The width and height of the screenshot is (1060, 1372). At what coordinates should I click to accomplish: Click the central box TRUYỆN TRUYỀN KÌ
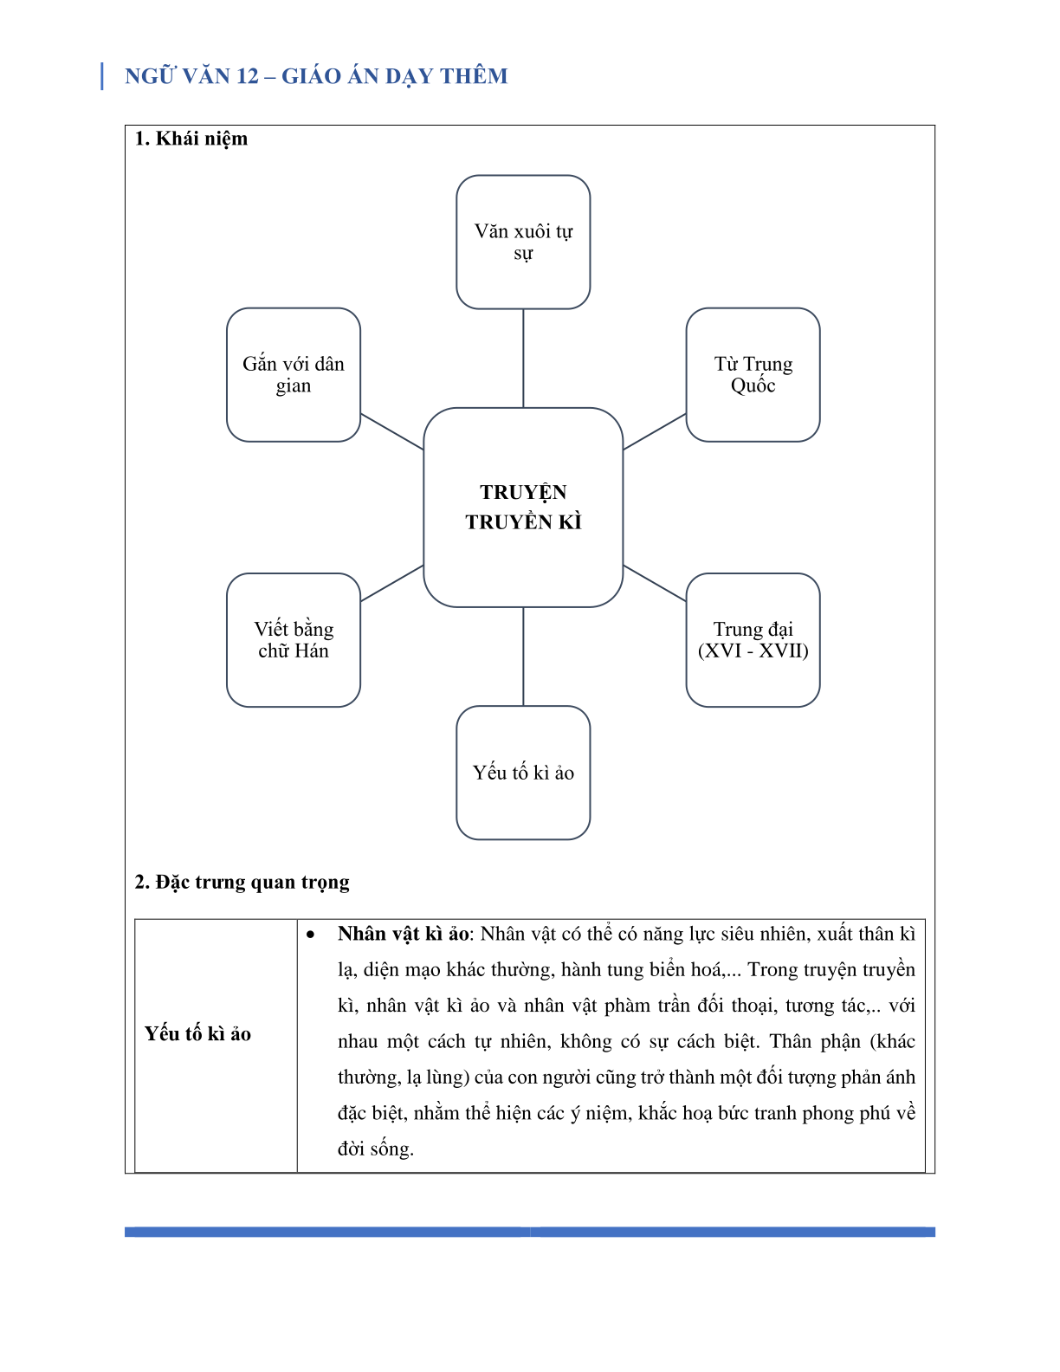click(x=523, y=507)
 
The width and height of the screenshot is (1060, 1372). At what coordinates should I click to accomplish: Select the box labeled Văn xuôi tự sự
click(x=523, y=242)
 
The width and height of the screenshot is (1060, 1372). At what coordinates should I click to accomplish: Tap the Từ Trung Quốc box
click(x=753, y=374)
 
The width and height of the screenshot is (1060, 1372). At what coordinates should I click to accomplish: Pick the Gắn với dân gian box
click(x=294, y=374)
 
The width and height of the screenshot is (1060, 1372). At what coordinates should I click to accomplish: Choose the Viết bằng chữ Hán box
click(x=294, y=639)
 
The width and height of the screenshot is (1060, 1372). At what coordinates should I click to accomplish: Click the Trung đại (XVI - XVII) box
click(x=753, y=639)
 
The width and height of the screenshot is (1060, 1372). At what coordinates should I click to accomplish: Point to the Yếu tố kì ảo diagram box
click(x=523, y=773)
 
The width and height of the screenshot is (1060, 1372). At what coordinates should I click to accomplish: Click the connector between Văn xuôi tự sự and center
click(x=523, y=358)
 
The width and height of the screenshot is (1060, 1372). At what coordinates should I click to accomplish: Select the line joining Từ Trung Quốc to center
click(x=654, y=431)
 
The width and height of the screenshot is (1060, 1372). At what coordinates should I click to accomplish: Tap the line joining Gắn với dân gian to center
click(x=391, y=431)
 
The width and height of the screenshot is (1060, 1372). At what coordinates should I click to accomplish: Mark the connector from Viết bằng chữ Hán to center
click(x=391, y=583)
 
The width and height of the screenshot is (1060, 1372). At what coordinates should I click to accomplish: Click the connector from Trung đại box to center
click(x=654, y=583)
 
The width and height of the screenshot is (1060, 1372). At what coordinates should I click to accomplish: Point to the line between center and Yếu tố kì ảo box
click(x=523, y=657)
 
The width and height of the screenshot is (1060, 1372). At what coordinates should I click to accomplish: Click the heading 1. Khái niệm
click(x=191, y=139)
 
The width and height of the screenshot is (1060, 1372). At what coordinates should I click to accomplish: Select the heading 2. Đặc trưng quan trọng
click(x=242, y=882)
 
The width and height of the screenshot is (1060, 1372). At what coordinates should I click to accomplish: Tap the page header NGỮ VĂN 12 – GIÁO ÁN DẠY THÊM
click(x=316, y=76)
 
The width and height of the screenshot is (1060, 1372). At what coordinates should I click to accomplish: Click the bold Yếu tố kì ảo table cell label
click(x=197, y=1033)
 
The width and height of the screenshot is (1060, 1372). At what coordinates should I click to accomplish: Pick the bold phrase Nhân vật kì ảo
click(x=404, y=933)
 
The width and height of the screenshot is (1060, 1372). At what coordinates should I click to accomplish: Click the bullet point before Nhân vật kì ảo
click(x=310, y=935)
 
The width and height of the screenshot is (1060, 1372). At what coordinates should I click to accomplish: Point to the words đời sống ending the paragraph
click(x=375, y=1149)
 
